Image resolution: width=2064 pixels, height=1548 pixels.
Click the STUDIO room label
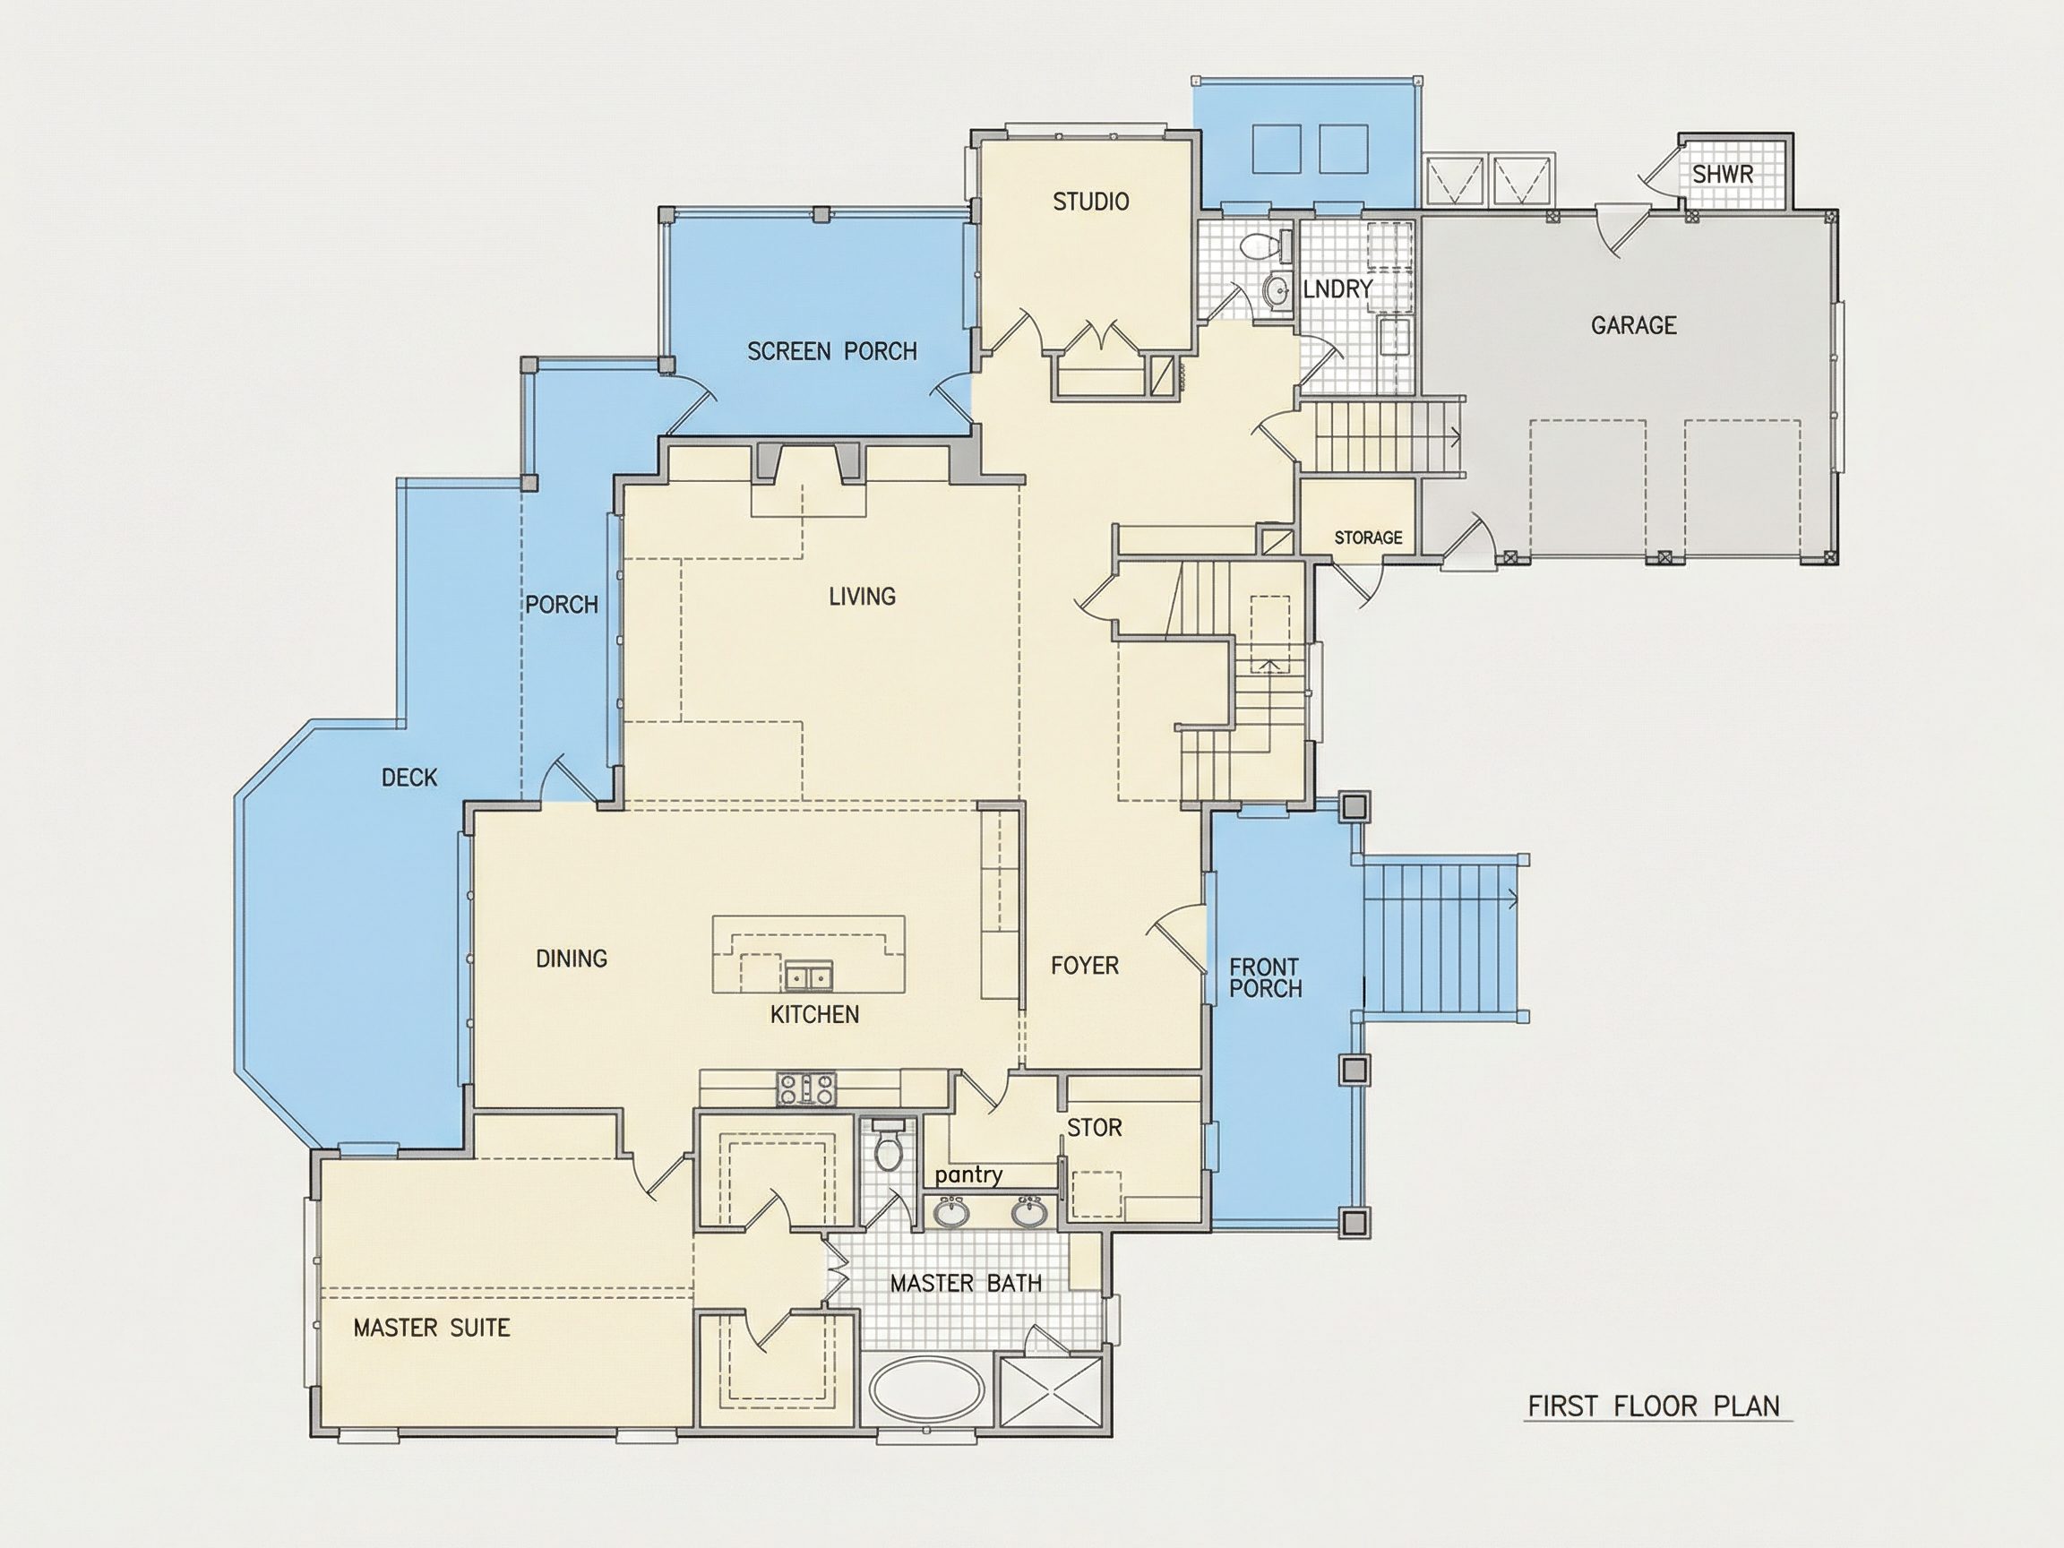[x=1091, y=202]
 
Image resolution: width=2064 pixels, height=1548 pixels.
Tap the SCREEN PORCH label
[x=832, y=352]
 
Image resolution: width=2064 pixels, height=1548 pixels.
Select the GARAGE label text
[x=1634, y=326]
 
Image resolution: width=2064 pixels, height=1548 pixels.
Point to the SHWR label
[x=1724, y=175]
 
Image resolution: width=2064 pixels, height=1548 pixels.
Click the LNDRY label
[x=1337, y=289]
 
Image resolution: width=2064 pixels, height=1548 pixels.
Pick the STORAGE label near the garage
[x=1368, y=537]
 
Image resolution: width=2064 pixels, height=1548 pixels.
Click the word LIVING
[x=862, y=597]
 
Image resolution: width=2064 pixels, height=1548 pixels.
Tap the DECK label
[x=409, y=778]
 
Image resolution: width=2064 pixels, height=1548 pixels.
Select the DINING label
[x=572, y=959]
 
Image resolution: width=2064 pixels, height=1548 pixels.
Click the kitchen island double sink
[x=808, y=978]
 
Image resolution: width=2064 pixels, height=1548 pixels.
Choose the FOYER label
[x=1084, y=966]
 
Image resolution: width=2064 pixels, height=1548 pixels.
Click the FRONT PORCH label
[x=1265, y=978]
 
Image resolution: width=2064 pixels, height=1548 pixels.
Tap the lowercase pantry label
[x=968, y=1175]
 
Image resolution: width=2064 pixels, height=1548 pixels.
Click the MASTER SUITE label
[x=432, y=1328]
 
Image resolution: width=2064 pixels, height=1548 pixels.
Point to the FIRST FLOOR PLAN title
[x=1654, y=1406]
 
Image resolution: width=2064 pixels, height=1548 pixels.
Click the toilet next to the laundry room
[x=1259, y=245]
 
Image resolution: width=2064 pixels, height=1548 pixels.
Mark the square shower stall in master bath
[x=1051, y=1389]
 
